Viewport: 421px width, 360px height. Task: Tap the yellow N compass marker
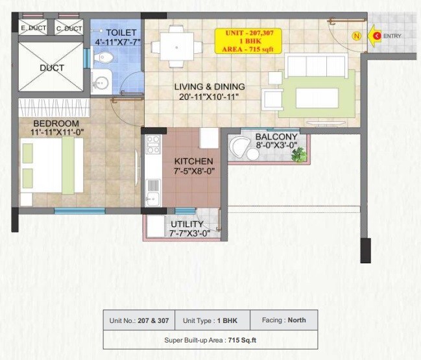point(355,36)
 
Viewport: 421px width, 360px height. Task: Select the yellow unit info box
point(248,42)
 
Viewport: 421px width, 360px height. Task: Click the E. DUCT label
point(32,29)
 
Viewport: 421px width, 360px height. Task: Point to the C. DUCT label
point(68,29)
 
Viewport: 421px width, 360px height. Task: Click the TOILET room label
point(122,31)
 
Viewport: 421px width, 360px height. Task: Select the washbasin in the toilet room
point(101,82)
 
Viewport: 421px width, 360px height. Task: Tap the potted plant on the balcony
point(298,154)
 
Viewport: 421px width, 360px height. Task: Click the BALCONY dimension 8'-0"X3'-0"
point(276,146)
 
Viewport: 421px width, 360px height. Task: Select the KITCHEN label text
point(193,161)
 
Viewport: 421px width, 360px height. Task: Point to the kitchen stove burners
point(153,145)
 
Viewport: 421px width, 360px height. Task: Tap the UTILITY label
point(187,224)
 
